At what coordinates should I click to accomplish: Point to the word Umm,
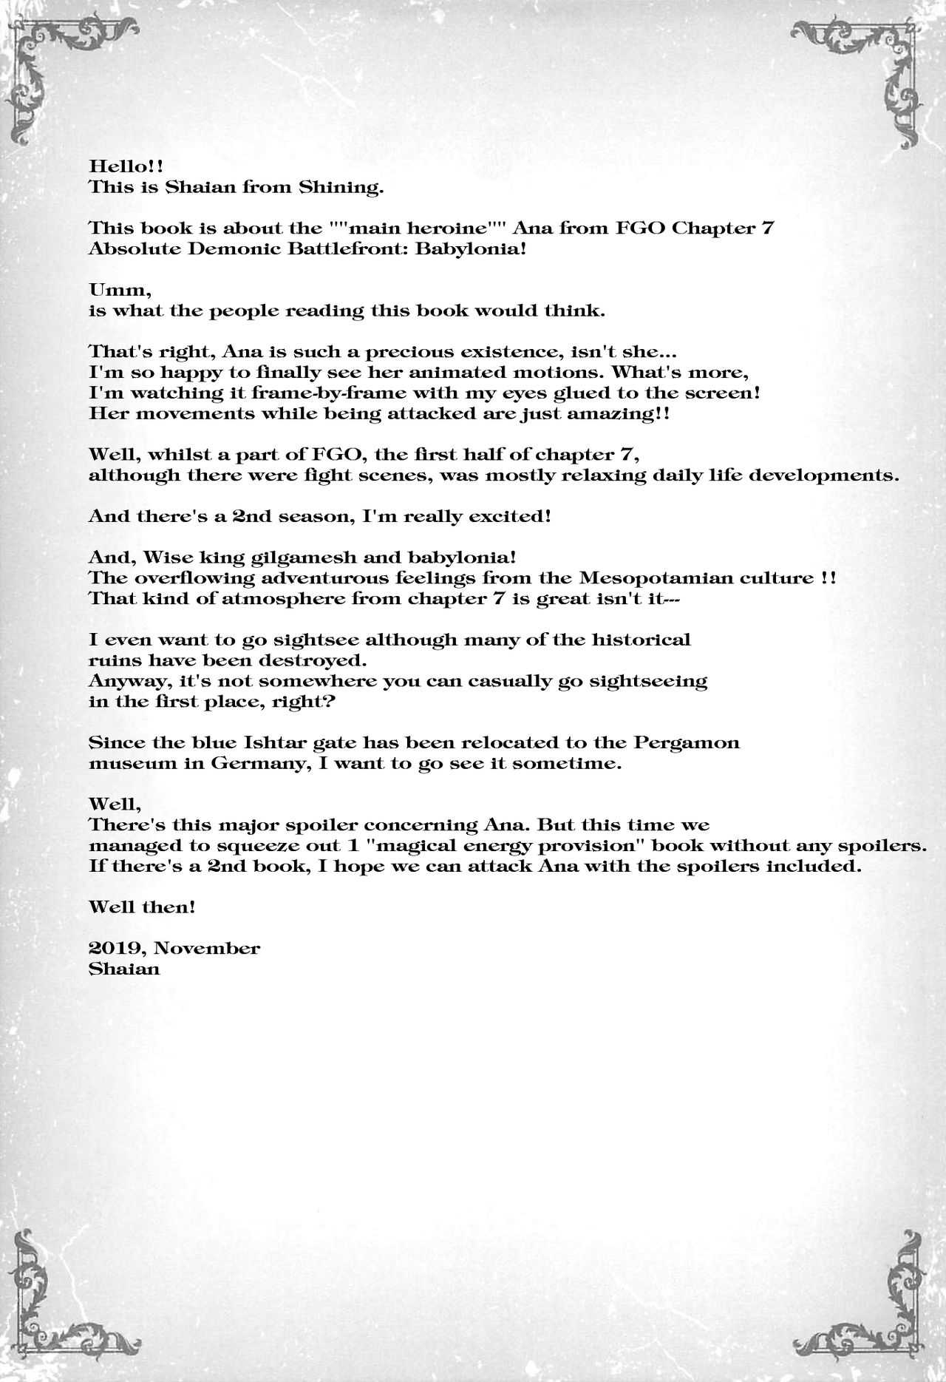pos(109,290)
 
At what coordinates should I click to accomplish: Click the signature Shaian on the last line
pos(123,969)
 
